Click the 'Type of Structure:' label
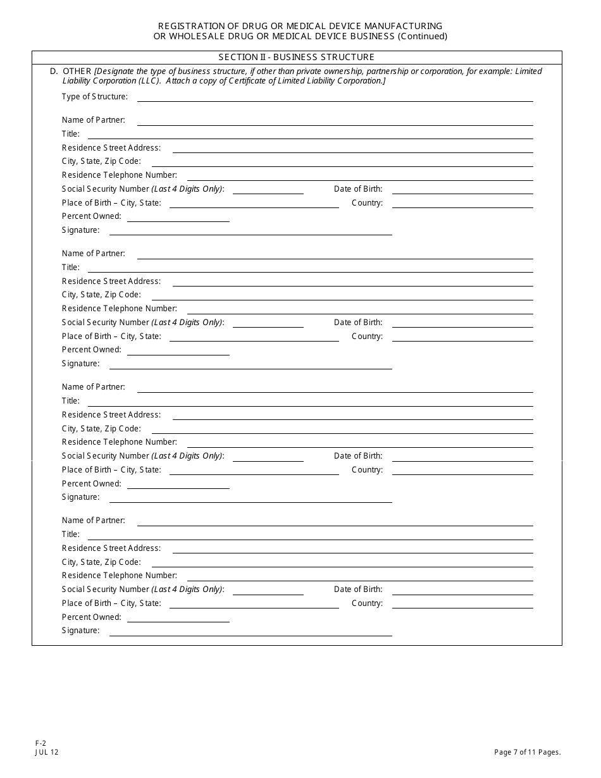click(95, 97)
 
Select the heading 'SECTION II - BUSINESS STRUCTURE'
click(297, 57)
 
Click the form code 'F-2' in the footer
click(40, 743)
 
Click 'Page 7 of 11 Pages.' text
click(528, 752)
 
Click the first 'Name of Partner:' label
click(94, 120)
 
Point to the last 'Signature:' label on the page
click(81, 631)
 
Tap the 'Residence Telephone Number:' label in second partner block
click(120, 309)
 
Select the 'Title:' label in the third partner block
click(71, 401)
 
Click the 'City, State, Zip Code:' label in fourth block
click(101, 562)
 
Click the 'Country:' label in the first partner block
click(367, 203)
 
